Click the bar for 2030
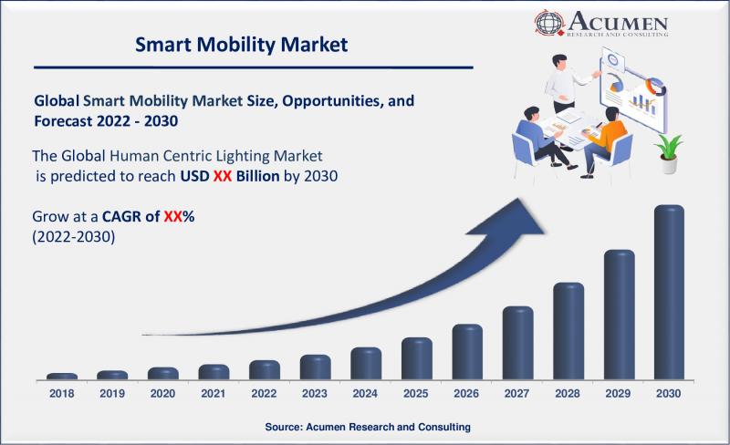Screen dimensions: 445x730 [669, 292]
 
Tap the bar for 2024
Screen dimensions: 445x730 [365, 363]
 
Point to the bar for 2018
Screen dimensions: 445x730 [62, 376]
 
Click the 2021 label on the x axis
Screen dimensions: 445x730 [214, 394]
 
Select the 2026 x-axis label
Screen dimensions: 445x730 [466, 394]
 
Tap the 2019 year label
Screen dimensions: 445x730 [112, 394]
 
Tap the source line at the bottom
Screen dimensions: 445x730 [367, 427]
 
